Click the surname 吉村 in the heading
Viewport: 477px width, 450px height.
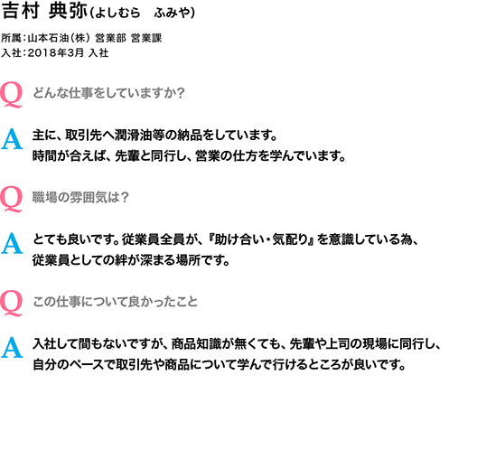(x=21, y=11)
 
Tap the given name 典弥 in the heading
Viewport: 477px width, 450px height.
(x=68, y=11)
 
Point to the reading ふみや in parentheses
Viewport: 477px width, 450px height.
(x=172, y=13)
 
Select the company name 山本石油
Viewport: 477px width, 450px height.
(x=48, y=38)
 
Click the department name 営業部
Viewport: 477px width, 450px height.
(x=110, y=38)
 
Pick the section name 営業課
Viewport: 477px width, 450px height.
(x=146, y=38)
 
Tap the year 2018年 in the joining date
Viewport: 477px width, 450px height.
(x=47, y=53)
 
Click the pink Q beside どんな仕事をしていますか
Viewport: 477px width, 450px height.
(x=11, y=94)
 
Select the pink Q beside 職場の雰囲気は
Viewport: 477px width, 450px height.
(x=11, y=200)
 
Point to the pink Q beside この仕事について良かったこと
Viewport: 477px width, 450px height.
(x=11, y=304)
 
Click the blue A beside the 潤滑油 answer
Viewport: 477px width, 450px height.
(x=12, y=139)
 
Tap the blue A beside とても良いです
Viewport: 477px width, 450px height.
(x=12, y=243)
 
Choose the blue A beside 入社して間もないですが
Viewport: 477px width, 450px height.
(x=12, y=348)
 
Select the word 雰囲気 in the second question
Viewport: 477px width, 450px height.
(x=89, y=197)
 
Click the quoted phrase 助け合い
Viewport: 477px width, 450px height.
(x=239, y=239)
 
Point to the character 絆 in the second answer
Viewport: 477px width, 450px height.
(x=121, y=260)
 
